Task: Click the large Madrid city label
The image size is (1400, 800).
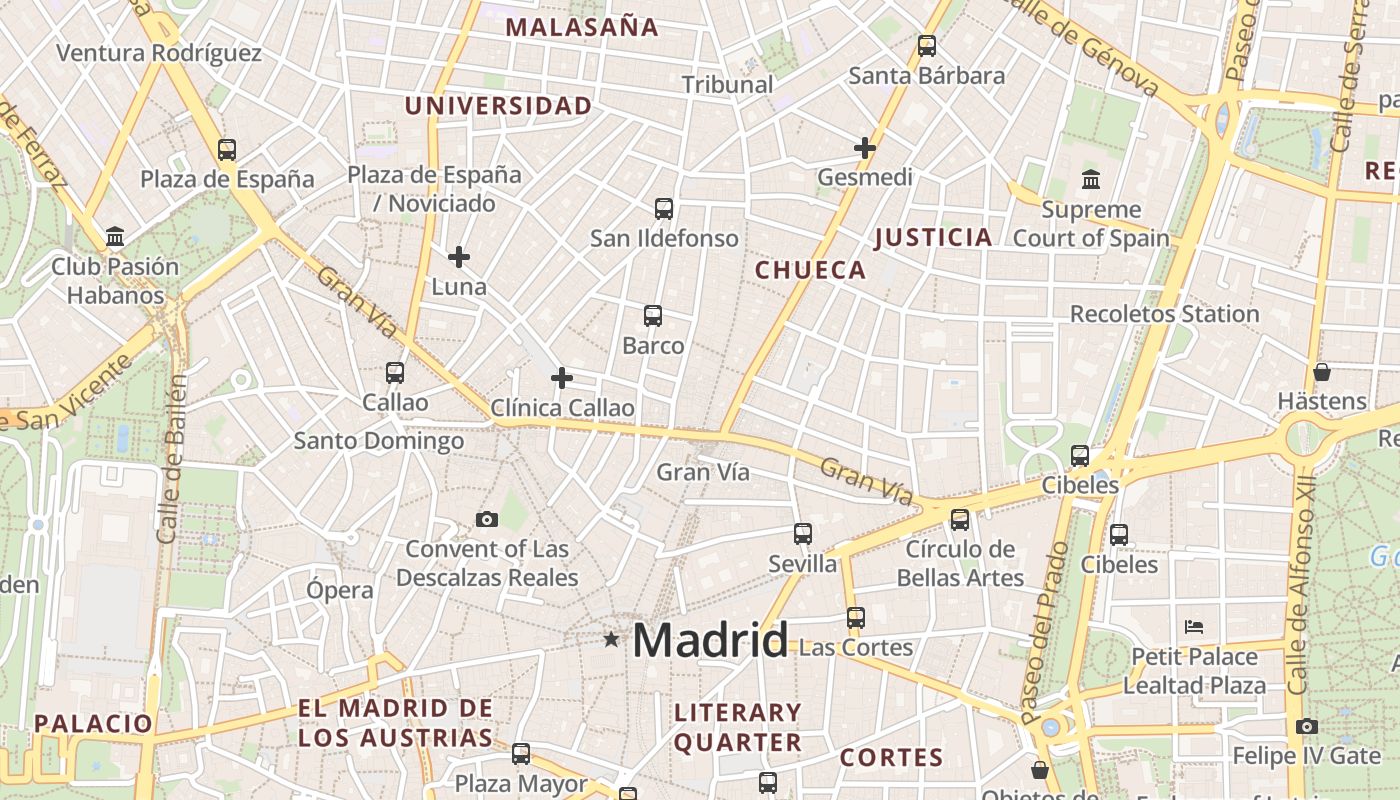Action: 710,640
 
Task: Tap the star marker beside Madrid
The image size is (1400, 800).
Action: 611,639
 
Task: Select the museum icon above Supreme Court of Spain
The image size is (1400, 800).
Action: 1091,181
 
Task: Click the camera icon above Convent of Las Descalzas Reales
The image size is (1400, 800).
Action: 487,519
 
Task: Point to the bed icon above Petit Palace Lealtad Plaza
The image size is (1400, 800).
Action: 1193,627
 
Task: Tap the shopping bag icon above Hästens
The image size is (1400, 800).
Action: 1322,372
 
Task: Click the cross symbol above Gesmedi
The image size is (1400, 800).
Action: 865,149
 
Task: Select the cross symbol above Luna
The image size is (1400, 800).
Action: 459,257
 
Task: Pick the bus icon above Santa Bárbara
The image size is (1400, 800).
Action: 927,46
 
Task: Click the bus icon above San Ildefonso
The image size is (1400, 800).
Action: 664,209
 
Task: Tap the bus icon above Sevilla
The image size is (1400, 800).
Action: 803,534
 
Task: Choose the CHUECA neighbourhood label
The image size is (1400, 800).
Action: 810,270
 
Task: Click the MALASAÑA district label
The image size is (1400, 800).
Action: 582,27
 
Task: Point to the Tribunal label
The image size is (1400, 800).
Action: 728,85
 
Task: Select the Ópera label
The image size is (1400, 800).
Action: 340,590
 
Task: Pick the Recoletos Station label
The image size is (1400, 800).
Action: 1164,314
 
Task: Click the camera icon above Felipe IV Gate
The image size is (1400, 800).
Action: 1306,726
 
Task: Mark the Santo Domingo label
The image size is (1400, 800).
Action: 378,441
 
